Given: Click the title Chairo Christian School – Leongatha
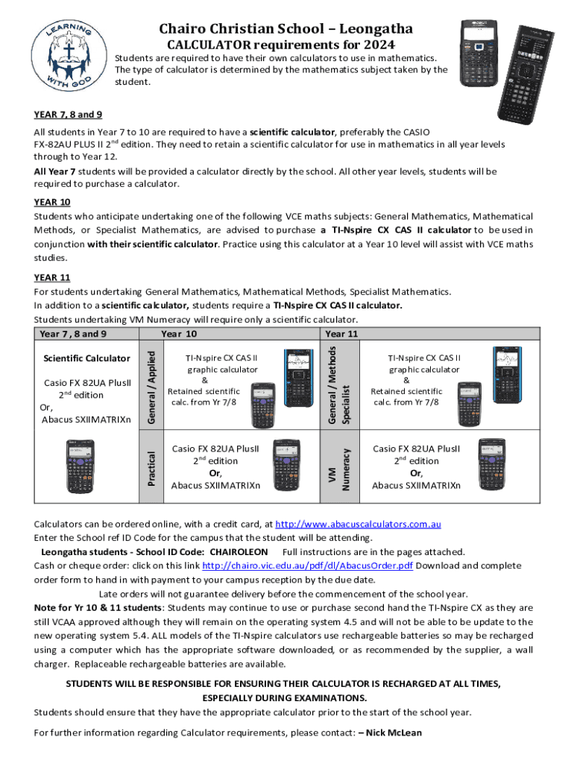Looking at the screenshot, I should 286,29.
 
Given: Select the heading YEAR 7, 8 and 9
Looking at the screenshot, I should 68,115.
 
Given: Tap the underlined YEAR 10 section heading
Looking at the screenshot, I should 51,202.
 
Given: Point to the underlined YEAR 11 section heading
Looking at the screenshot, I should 51,278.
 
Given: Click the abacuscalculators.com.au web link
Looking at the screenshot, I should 359,524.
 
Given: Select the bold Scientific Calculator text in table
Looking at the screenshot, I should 87,359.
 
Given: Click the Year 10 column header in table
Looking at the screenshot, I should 179,334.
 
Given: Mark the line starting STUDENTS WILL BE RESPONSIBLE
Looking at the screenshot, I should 284,683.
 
